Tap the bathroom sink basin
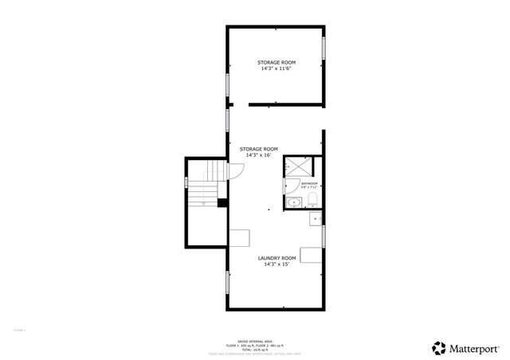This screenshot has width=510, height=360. tap(293, 202)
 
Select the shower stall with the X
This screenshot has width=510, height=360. tap(298, 168)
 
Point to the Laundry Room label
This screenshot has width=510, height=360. tap(277, 258)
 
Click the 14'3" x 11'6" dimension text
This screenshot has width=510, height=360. tap(276, 68)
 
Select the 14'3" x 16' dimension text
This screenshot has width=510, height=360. tap(259, 155)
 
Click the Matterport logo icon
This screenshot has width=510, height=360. tap(440, 347)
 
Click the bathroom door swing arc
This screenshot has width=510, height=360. tap(288, 185)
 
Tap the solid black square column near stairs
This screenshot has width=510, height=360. tap(222, 202)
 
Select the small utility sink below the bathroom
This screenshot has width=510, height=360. tap(316, 217)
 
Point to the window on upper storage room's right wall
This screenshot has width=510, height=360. tap(324, 48)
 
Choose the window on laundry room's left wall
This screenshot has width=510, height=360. tap(228, 283)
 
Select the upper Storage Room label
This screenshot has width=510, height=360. tap(276, 62)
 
